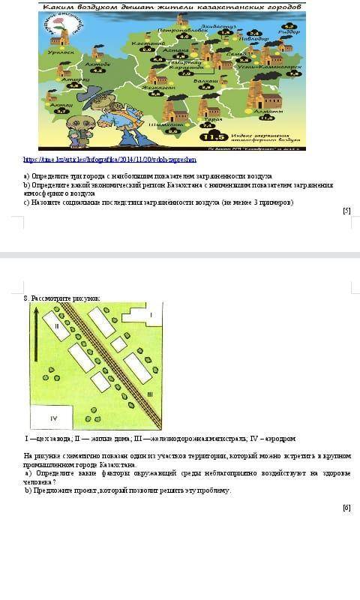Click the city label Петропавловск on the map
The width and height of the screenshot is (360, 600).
click(183, 29)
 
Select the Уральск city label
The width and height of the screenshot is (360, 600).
click(61, 52)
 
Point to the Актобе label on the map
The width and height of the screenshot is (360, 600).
click(97, 64)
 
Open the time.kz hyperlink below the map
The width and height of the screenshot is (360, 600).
click(109, 160)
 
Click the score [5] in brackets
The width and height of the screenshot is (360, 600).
click(346, 211)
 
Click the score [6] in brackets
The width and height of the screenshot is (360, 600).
click(346, 508)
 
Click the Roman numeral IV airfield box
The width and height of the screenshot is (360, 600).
click(52, 417)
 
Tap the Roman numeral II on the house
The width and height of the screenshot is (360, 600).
click(56, 325)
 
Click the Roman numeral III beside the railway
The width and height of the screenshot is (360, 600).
click(150, 394)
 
